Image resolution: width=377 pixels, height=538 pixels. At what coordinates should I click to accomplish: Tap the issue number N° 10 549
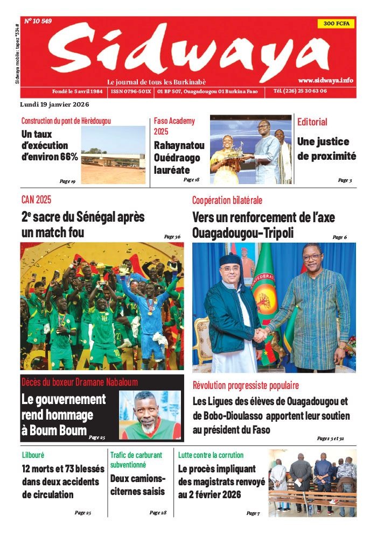pos(38,22)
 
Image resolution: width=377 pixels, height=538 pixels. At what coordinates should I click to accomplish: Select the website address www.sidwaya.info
pos(325,80)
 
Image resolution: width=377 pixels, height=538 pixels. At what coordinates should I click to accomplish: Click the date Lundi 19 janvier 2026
pos(54,104)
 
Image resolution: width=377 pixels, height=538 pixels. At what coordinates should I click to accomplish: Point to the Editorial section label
pos(312,122)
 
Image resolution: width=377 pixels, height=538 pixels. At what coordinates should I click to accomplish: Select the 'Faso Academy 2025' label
pos(167,126)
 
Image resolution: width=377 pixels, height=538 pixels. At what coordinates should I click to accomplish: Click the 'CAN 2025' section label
pos(37,200)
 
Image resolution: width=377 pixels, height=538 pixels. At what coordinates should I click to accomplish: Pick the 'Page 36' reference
pos(172,236)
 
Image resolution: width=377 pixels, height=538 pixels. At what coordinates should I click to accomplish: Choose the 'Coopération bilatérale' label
pos(227,200)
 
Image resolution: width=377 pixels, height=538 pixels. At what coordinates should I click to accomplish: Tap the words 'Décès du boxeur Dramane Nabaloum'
pos(80,383)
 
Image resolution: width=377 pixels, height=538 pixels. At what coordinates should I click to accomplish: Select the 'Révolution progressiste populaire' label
pos(246,385)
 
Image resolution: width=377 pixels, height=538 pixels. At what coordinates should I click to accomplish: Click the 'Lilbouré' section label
pos(33,455)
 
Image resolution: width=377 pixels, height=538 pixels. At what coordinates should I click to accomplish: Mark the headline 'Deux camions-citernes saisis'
pos(138,484)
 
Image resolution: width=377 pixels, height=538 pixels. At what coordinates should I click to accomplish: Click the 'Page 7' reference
pos(253,513)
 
